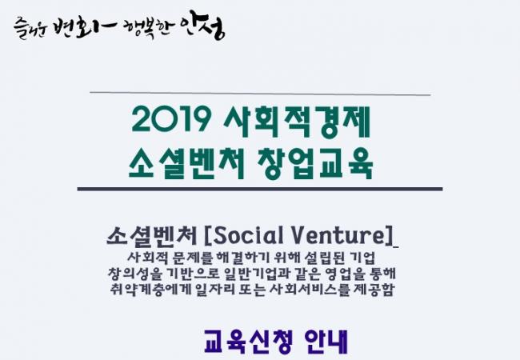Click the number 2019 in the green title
point(171,119)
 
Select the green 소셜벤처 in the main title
point(186,162)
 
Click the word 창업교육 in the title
point(315,163)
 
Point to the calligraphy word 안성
point(203,27)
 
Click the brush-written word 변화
point(84,27)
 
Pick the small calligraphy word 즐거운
point(30,29)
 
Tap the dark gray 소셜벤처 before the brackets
point(152,236)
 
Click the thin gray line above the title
point(260,93)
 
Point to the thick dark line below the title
point(260,189)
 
